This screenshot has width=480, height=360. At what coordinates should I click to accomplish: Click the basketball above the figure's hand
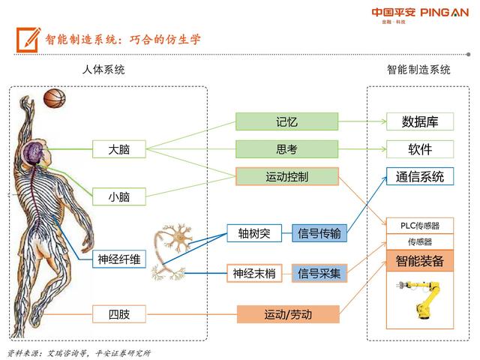pos(55,98)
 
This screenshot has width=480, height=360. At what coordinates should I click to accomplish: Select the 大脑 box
pos(119,149)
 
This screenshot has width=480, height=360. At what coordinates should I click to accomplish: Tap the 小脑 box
pos(119,196)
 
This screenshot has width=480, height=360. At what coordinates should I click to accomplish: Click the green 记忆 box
pos(286,121)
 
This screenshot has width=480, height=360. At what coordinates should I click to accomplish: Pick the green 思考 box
pos(286,149)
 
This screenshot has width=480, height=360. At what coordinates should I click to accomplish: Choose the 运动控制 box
pos(287,176)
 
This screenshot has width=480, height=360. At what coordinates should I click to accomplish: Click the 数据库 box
pos(420,121)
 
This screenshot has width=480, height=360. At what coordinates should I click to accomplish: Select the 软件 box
pos(420,149)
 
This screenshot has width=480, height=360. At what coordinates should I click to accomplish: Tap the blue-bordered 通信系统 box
pos(420,176)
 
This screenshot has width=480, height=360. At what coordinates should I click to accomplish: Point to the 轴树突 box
pos(254,233)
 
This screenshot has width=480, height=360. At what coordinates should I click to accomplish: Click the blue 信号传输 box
pos(319,233)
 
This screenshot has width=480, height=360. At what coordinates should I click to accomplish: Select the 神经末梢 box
pos(254,273)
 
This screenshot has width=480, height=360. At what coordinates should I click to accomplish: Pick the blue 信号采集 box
pos(319,273)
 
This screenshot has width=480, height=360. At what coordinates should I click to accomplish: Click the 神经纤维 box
pos(119,259)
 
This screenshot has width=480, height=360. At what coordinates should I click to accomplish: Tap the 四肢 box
pos(119,314)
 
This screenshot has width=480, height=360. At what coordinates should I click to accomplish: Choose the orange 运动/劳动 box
pos(288,314)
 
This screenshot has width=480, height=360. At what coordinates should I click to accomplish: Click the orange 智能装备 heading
pos(420,261)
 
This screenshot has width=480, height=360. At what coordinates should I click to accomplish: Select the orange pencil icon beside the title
pos(28,40)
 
